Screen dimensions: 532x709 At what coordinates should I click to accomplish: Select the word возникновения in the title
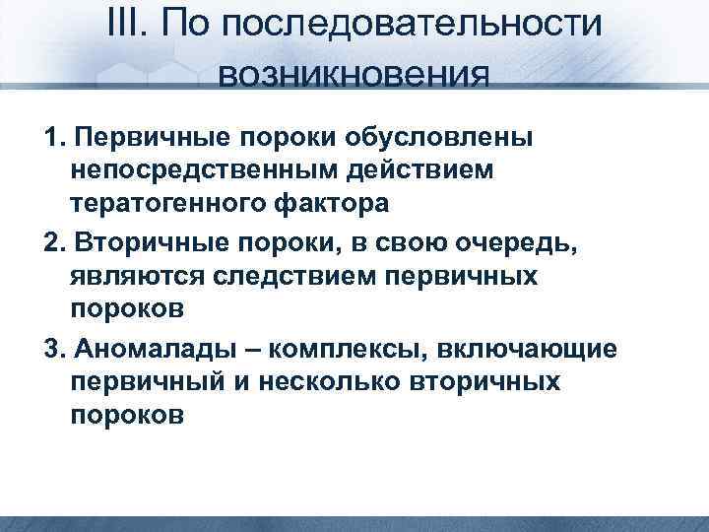354,75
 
